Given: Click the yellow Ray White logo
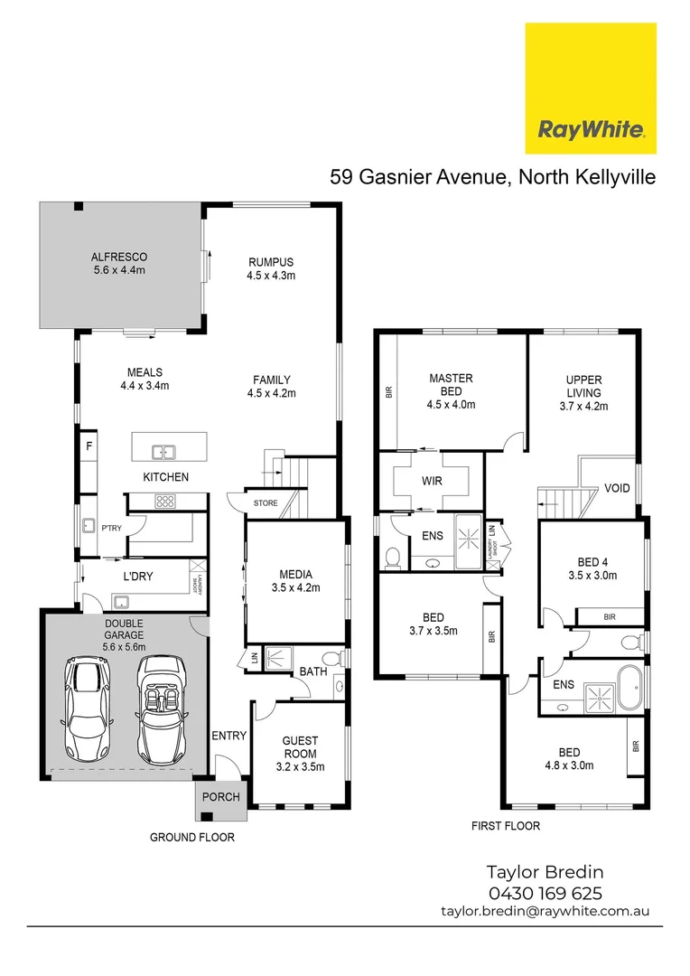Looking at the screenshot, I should coord(591,88).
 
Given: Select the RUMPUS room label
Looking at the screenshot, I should coord(271,262).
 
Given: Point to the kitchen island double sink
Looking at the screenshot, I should coord(164,451).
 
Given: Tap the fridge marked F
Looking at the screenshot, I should coord(89,446).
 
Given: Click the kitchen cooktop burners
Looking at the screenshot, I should coord(165,501).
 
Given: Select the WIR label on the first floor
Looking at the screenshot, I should coord(431,481).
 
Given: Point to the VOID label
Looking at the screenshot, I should coord(617,488).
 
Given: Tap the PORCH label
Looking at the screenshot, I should coord(220,797).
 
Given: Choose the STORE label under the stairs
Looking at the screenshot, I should coord(266,503).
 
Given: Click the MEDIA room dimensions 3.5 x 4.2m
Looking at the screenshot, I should coord(295,588).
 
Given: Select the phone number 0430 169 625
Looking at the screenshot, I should coord(545,894).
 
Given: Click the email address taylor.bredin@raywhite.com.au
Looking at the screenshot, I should coord(545,913).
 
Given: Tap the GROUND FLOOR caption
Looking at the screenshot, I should coord(191,838).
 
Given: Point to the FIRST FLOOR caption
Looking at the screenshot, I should coord(506,826).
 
